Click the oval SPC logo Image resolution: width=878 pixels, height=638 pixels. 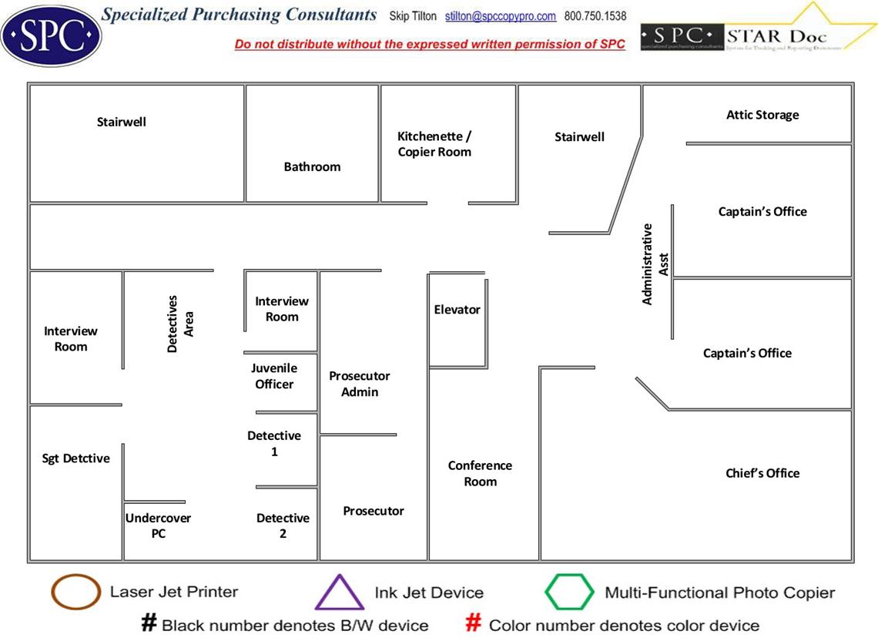51,35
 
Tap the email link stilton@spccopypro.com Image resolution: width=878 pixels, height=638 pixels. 500,16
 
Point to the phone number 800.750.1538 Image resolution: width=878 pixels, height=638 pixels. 595,16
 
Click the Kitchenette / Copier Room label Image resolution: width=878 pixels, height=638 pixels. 434,144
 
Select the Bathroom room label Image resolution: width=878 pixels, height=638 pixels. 312,166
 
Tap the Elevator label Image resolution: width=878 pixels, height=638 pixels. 457,310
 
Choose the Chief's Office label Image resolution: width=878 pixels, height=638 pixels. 762,473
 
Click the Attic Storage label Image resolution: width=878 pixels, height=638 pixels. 762,115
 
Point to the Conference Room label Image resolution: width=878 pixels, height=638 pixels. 480,474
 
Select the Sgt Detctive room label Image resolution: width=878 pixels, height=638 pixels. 75,458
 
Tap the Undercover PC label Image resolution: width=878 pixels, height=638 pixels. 158,526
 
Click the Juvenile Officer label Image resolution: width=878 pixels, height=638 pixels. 274,376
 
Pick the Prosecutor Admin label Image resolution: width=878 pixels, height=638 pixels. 360,384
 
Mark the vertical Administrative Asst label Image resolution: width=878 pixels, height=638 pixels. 655,264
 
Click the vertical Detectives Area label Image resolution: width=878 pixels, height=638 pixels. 180,324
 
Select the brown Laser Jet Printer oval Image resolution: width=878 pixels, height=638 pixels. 75,593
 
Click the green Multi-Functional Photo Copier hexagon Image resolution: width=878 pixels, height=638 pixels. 569,593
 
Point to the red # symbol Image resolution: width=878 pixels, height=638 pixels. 474,623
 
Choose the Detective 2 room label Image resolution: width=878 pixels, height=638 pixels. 283,526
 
